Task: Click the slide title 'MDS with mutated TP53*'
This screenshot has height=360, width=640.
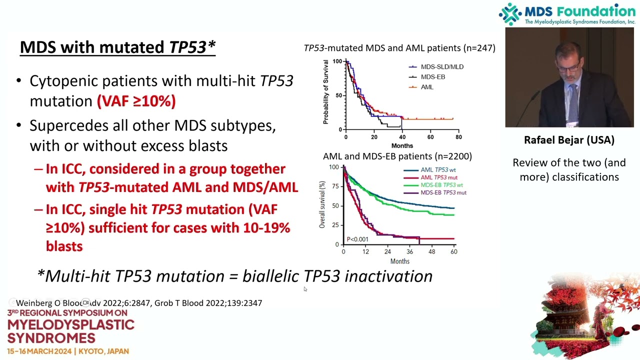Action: pos(117,47)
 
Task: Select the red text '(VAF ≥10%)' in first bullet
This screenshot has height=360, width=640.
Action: pos(136,101)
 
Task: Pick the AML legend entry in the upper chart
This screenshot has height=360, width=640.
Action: pos(426,87)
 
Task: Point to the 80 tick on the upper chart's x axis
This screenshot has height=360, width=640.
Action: pos(458,137)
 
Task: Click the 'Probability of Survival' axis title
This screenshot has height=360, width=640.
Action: pos(325,92)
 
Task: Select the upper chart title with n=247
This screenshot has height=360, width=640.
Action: pos(399,48)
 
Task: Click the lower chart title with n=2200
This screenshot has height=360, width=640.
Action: pos(397,156)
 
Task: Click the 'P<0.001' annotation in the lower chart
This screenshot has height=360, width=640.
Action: pos(357,239)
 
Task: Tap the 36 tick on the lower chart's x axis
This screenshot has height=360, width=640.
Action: pos(410,251)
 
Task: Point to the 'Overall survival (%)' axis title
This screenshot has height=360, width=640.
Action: pos(322,205)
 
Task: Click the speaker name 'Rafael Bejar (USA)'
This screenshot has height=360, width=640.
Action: pos(569,140)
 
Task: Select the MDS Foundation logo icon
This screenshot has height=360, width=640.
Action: pos(510,14)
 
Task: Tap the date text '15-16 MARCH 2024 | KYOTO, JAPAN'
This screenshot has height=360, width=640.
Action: pos(68,351)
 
